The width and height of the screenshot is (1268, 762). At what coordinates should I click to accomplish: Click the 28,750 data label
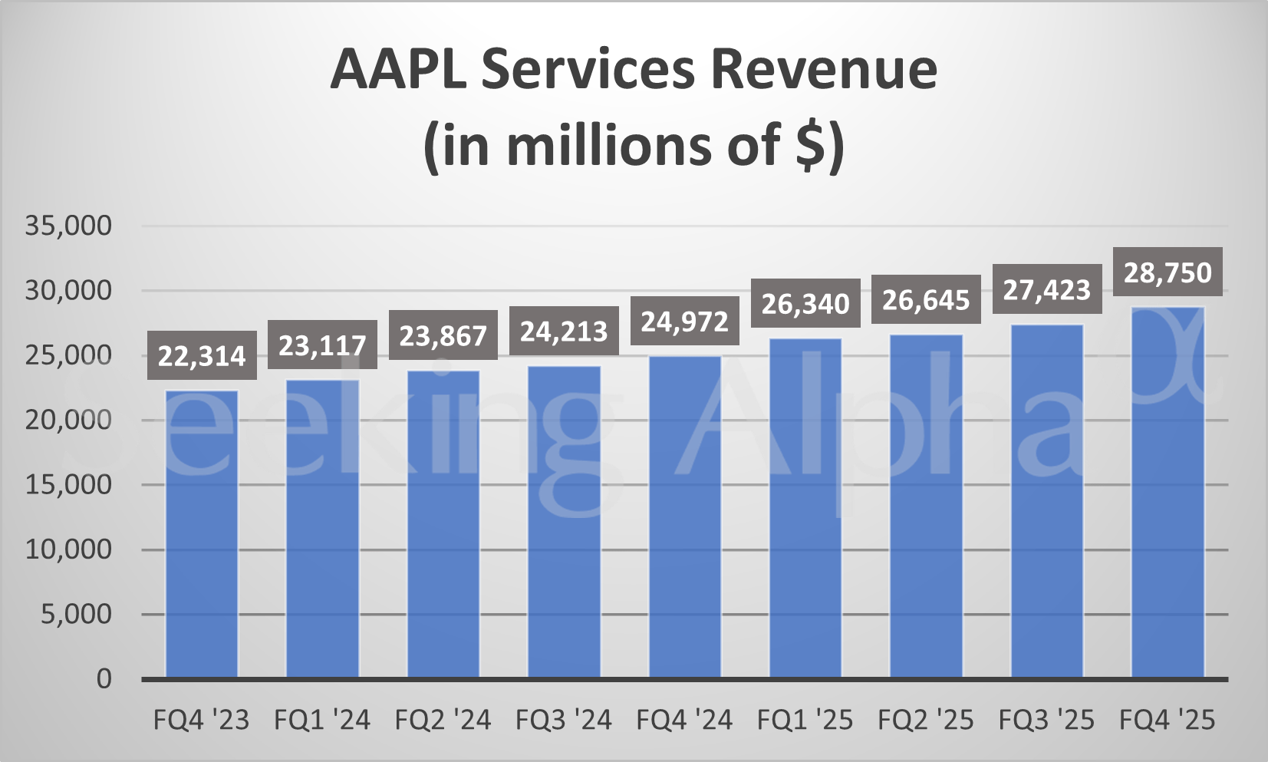1168,272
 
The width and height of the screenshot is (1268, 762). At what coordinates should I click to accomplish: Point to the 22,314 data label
202,356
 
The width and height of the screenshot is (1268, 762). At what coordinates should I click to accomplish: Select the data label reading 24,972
684,322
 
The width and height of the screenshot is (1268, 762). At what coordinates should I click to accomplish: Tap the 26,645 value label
926,300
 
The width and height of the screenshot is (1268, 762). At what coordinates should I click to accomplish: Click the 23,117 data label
322,345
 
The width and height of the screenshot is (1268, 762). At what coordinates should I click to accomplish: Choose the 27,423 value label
1046,290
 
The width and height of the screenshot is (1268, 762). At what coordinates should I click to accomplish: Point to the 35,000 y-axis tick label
68,226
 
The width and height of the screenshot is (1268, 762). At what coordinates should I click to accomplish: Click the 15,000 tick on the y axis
68,485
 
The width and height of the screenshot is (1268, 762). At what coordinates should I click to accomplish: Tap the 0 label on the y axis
104,679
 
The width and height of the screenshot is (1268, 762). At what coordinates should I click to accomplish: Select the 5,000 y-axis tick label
76,614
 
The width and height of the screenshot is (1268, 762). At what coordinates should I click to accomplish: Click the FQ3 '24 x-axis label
564,720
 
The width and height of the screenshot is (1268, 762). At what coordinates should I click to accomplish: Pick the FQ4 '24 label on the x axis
684,720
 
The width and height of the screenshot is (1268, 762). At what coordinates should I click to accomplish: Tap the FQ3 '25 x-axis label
1046,720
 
